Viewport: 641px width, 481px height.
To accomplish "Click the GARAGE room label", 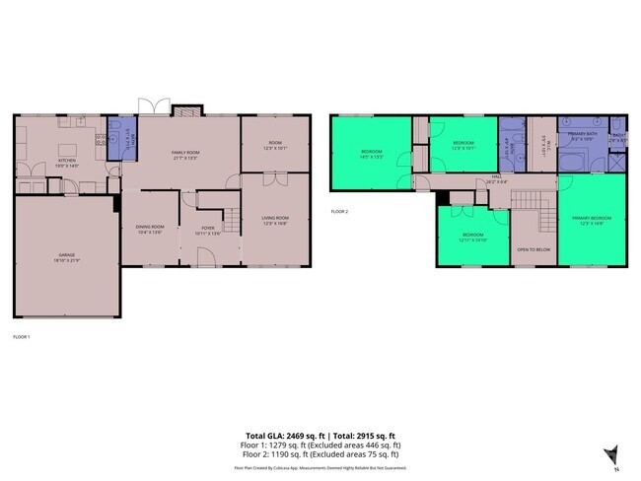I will tap(66, 256).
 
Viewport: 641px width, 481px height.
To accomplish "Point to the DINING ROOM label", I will tap(150, 229).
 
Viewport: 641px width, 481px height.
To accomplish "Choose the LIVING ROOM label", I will tap(274, 220).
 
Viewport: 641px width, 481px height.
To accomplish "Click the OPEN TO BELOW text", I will tap(533, 249).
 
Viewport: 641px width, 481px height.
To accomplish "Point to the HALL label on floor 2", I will tap(498, 178).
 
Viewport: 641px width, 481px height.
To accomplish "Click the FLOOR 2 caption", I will tap(339, 211).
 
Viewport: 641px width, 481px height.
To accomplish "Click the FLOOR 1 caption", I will tap(22, 337).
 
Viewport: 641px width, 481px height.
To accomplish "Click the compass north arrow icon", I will tap(610, 453).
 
